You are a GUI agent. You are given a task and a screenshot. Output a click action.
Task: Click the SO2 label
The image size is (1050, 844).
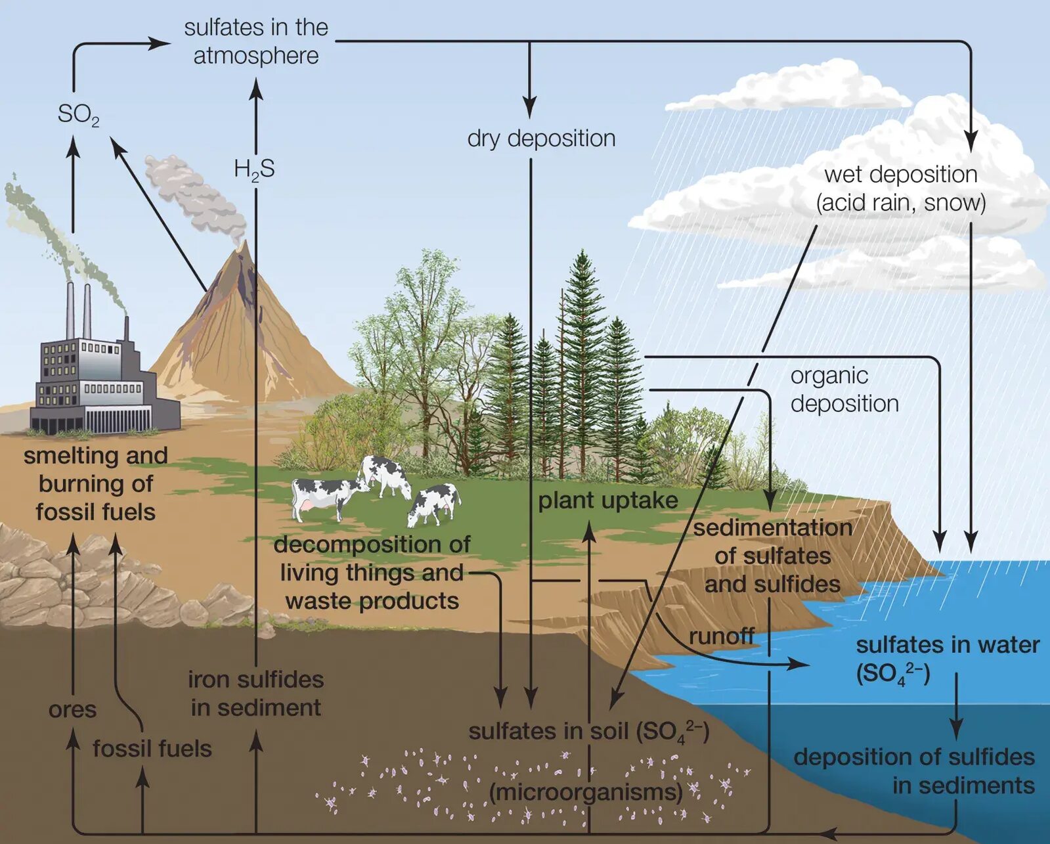(x=78, y=115)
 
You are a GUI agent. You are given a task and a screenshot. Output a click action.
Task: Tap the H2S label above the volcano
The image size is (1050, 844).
(x=254, y=169)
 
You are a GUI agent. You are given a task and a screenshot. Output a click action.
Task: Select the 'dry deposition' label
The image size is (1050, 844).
(x=541, y=139)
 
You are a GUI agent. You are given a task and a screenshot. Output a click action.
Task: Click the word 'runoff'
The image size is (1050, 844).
(x=721, y=636)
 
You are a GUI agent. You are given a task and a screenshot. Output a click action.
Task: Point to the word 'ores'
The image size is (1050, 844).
(x=72, y=709)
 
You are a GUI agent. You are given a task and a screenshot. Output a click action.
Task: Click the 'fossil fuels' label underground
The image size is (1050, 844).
(x=152, y=748)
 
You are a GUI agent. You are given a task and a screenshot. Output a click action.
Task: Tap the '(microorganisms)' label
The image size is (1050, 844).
(x=586, y=791)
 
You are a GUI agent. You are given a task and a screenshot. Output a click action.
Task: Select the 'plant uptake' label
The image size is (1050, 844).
(x=607, y=500)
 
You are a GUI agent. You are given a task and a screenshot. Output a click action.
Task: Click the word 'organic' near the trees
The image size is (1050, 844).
(x=829, y=376)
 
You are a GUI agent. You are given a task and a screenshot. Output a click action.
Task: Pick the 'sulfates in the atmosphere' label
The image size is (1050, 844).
(x=255, y=41)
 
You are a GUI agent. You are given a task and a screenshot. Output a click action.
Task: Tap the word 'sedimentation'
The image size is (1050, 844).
(x=772, y=527)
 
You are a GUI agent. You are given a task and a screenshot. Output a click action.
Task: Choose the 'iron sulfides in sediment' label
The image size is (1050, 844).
(x=255, y=694)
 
